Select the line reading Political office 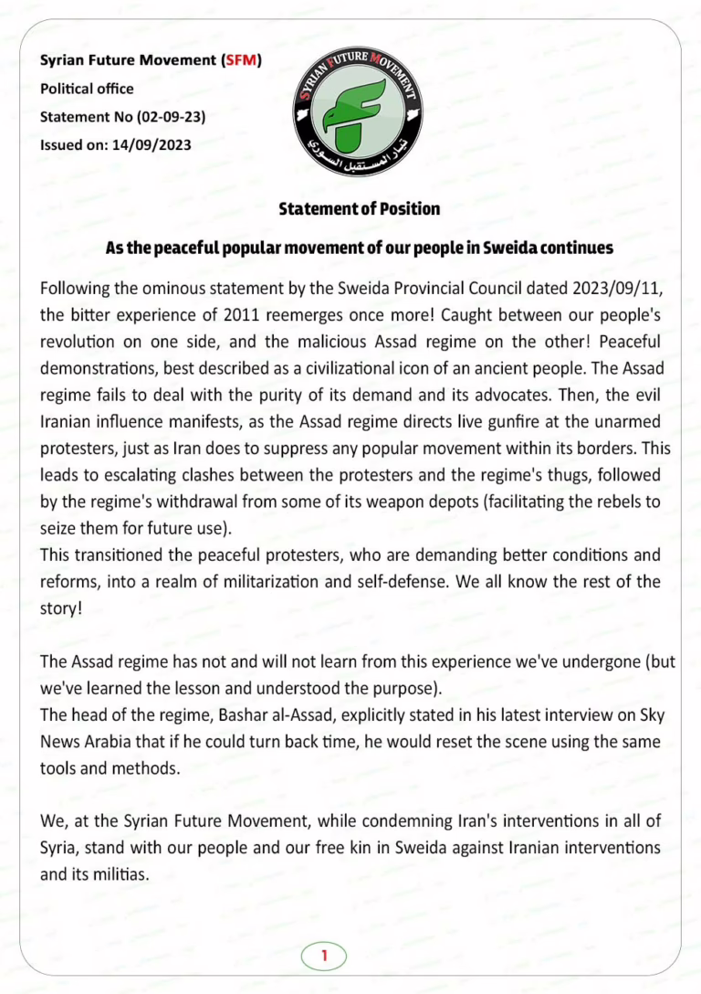87,89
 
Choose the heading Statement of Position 359,209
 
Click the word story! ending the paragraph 61,606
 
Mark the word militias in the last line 121,872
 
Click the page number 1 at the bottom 324,956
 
